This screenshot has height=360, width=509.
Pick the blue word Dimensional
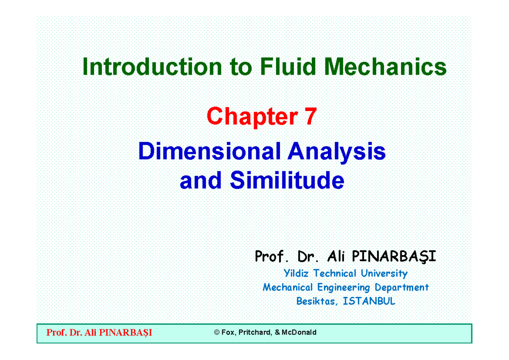point(210,151)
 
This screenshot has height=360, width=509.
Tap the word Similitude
point(287,181)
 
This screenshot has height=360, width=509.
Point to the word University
point(383,273)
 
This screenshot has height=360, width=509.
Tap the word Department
point(401,287)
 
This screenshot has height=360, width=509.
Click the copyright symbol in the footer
point(217,333)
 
